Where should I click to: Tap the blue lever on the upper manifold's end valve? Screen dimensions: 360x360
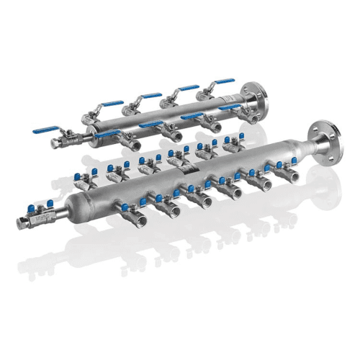pyautogui.click(x=45, y=131)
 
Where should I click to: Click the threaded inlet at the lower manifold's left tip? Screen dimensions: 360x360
pyautogui.click(x=21, y=222)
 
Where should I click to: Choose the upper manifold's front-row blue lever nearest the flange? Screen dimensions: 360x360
pyautogui.click(x=230, y=107)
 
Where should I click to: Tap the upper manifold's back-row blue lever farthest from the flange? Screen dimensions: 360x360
pyautogui.click(x=112, y=104)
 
